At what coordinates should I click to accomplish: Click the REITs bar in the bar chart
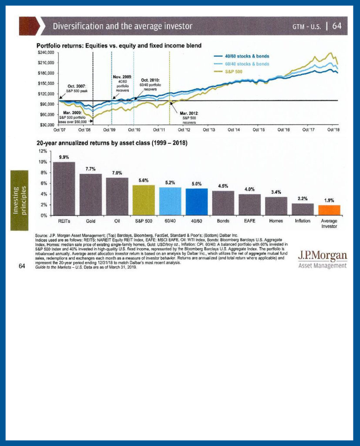(64, 189)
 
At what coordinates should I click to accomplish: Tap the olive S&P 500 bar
(143, 200)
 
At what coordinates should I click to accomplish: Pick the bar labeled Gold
(90, 194)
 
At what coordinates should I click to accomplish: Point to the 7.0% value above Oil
(117, 173)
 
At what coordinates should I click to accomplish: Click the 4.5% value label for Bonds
(222, 186)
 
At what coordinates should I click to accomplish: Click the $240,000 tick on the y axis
(46, 52)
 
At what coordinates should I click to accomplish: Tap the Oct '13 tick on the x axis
(209, 130)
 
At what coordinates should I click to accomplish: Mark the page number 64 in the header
(337, 26)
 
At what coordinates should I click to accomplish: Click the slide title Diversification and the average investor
(122, 26)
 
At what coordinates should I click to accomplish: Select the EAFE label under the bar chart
(249, 221)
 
